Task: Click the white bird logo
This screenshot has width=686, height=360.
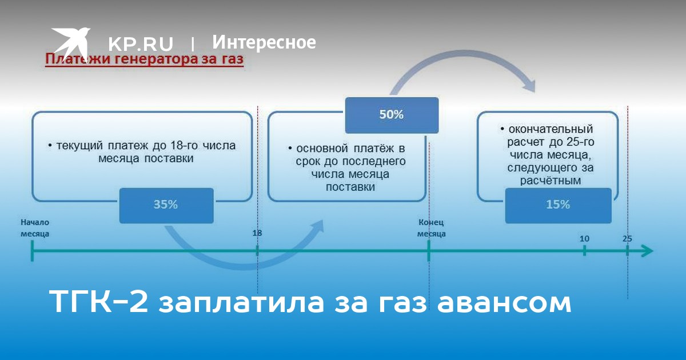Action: pyautogui.click(x=71, y=43)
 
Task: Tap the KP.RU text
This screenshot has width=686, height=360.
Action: pyautogui.click(x=141, y=43)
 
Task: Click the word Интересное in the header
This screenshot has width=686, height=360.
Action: pyautogui.click(x=264, y=42)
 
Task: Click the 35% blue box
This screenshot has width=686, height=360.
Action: pyautogui.click(x=166, y=205)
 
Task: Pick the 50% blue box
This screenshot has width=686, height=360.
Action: pyautogui.click(x=392, y=115)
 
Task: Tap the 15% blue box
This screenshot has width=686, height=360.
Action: pyautogui.click(x=559, y=205)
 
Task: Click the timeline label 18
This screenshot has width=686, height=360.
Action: pyautogui.click(x=257, y=233)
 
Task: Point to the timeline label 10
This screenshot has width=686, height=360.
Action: pyautogui.click(x=584, y=239)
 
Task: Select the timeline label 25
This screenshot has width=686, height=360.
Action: pyautogui.click(x=627, y=239)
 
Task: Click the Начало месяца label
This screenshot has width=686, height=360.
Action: pyautogui.click(x=35, y=228)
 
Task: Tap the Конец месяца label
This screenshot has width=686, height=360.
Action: pyautogui.click(x=431, y=228)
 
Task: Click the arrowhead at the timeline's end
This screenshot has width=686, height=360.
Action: pyautogui.click(x=648, y=251)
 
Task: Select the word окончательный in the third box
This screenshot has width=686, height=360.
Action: pyautogui.click(x=551, y=129)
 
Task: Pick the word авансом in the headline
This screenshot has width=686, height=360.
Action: pyautogui.click(x=504, y=303)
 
